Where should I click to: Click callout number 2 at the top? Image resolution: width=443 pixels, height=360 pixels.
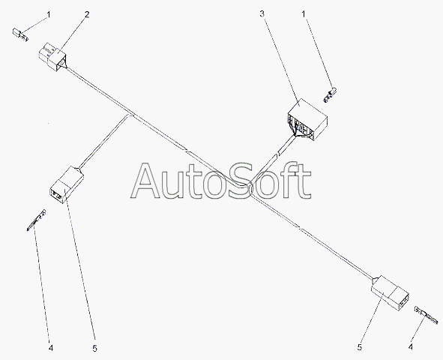[87, 14]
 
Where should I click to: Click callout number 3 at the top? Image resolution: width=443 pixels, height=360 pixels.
[262, 13]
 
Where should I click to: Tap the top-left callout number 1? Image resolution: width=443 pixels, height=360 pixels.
[49, 14]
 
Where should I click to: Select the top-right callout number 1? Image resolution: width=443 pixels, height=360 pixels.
[304, 13]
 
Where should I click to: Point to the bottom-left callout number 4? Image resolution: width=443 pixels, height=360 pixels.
[51, 348]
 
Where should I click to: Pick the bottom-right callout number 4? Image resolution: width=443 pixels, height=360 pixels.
[411, 346]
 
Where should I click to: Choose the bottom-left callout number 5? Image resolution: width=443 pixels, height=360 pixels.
[94, 349]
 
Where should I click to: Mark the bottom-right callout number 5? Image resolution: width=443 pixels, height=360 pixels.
[360, 347]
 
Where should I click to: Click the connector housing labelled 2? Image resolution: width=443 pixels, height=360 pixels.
[52, 56]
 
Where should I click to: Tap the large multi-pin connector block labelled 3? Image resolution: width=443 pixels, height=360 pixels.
[307, 120]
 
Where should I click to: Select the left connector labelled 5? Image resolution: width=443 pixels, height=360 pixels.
[67, 184]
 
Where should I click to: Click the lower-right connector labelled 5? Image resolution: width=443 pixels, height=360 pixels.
[390, 293]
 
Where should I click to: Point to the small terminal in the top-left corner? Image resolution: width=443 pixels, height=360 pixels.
[20, 34]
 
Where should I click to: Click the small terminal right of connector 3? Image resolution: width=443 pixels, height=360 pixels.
[330, 95]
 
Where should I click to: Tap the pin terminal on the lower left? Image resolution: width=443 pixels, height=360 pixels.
[36, 220]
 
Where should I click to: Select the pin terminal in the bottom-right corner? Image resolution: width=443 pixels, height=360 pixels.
[427, 315]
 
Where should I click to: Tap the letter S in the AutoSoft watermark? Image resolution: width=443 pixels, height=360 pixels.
[241, 180]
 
